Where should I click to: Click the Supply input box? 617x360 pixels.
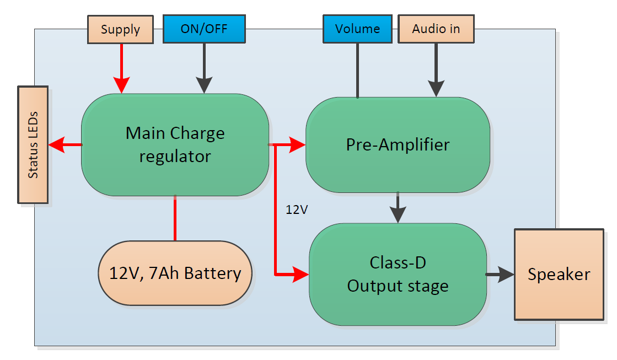(x=120, y=29)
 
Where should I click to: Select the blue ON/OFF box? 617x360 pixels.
(x=203, y=29)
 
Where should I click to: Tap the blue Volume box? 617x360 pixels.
(x=357, y=29)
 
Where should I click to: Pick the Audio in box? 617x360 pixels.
(x=436, y=29)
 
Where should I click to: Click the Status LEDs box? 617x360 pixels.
(x=33, y=144)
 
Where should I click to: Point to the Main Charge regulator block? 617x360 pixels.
(x=175, y=145)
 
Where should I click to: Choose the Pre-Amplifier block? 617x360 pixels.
(x=398, y=145)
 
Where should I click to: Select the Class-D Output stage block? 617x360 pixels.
(x=398, y=275)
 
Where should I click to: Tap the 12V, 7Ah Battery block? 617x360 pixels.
(x=175, y=273)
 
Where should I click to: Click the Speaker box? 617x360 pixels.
(x=559, y=274)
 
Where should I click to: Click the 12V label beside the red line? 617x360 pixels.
(x=296, y=209)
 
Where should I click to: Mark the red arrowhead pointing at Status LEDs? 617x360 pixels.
(x=56, y=145)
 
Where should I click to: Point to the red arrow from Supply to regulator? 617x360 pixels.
(x=121, y=69)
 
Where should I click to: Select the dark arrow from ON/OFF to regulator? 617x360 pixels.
(x=204, y=69)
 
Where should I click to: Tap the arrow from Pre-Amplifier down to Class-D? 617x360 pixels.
(x=398, y=208)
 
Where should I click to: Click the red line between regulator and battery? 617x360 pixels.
(x=175, y=218)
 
